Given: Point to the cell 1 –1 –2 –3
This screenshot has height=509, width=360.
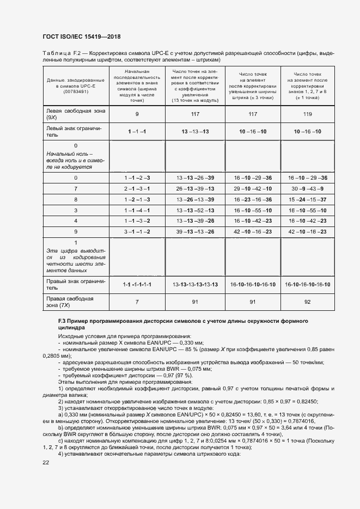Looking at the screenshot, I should coord(136,178).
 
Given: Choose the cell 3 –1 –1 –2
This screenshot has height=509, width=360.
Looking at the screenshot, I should coord(136,231).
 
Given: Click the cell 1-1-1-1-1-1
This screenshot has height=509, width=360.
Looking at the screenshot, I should coord(136,285).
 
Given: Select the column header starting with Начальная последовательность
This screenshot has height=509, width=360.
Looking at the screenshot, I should coord(136,86).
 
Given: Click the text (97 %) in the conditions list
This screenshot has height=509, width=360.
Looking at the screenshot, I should coord(180,376).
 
